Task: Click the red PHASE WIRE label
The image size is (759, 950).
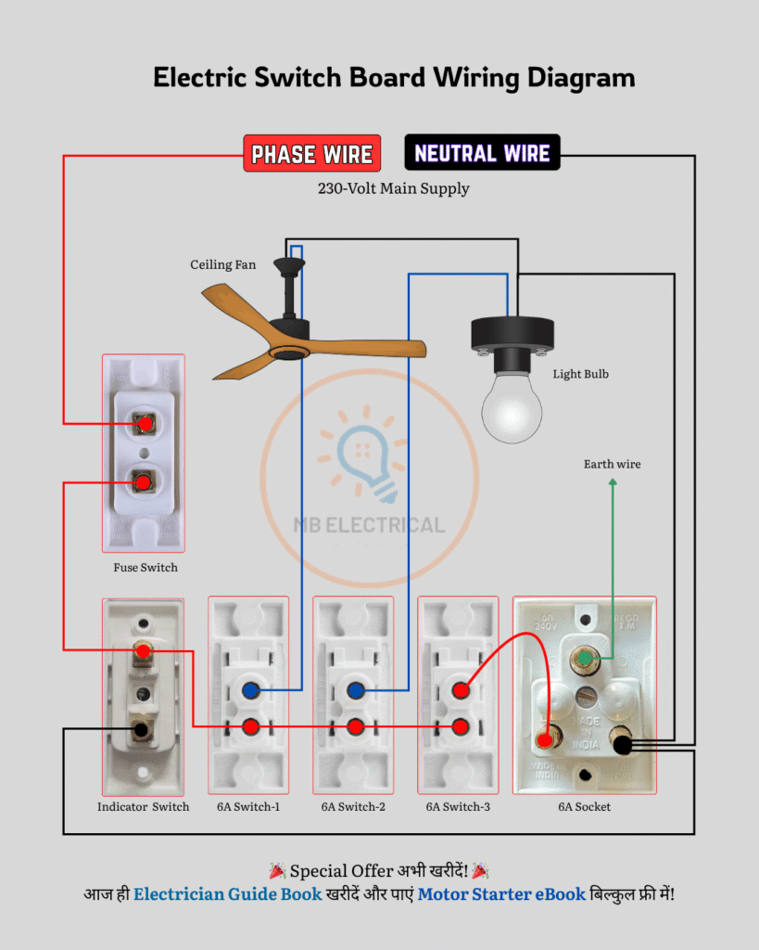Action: point(312,154)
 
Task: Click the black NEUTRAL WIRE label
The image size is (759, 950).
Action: point(482,153)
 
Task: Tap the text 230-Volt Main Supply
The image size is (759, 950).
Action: point(393,188)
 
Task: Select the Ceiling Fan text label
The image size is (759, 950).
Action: point(223,265)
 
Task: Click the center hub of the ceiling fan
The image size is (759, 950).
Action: point(290,353)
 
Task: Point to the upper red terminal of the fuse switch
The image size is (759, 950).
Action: point(144,424)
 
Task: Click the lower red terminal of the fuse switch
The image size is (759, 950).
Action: point(144,481)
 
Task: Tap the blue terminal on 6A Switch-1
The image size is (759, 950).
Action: point(249,690)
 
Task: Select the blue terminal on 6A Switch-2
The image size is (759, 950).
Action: point(354,690)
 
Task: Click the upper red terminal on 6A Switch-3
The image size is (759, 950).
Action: point(460,690)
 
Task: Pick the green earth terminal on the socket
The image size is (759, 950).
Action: point(585,660)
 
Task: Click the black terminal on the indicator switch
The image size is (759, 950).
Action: point(141,729)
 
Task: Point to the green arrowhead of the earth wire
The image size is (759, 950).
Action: point(612,485)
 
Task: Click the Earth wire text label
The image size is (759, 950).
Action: point(612,464)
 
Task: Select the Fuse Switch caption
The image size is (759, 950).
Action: point(145,568)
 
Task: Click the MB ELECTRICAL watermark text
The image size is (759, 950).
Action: point(369,525)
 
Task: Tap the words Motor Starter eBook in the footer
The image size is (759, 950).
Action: point(500,895)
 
